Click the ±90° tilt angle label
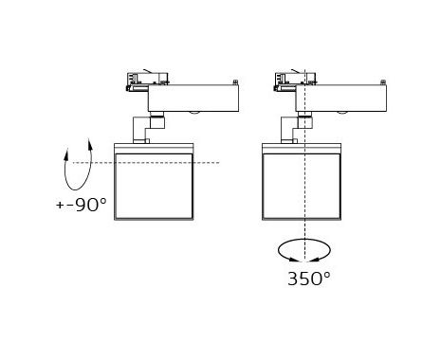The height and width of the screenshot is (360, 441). (x=82, y=205)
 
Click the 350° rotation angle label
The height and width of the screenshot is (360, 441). (x=309, y=279)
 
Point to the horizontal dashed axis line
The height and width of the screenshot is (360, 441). (x=146, y=163)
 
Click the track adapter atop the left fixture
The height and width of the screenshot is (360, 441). (x=148, y=81)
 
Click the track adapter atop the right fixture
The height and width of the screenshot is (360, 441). (x=295, y=81)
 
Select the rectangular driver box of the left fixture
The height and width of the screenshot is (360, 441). (x=193, y=98)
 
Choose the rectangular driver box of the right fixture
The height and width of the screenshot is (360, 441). (x=341, y=98)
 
